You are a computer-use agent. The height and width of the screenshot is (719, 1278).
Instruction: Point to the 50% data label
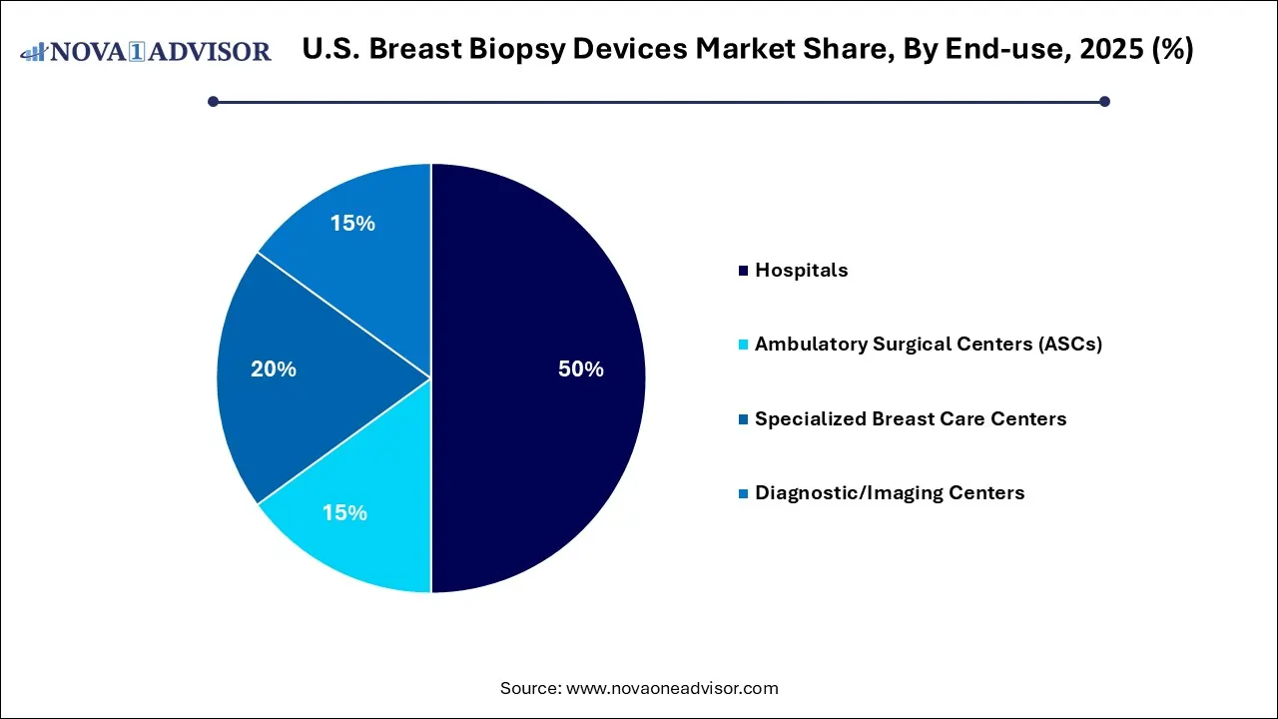click(x=580, y=369)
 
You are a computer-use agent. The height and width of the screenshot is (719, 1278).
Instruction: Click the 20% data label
click(x=274, y=369)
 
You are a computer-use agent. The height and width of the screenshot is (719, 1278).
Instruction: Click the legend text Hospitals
click(x=801, y=271)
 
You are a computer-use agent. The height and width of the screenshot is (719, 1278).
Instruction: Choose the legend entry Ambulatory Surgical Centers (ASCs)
click(x=928, y=345)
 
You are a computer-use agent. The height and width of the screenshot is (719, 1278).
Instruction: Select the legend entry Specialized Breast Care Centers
click(x=910, y=418)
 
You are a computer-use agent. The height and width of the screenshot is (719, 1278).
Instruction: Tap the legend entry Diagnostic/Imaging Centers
click(x=889, y=492)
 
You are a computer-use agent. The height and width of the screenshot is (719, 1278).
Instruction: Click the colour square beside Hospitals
click(x=742, y=271)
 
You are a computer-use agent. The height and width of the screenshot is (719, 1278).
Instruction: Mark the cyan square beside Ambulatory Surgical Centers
click(x=742, y=345)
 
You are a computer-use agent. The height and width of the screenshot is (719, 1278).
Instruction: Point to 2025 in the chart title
click(x=1102, y=50)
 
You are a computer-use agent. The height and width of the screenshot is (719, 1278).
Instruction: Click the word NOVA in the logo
click(x=86, y=52)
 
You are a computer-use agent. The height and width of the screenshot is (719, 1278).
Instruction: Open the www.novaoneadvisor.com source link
click(x=672, y=688)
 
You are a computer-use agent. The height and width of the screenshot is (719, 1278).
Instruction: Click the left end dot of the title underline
click(x=213, y=101)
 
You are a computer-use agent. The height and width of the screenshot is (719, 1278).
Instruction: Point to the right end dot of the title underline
click(x=1104, y=101)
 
